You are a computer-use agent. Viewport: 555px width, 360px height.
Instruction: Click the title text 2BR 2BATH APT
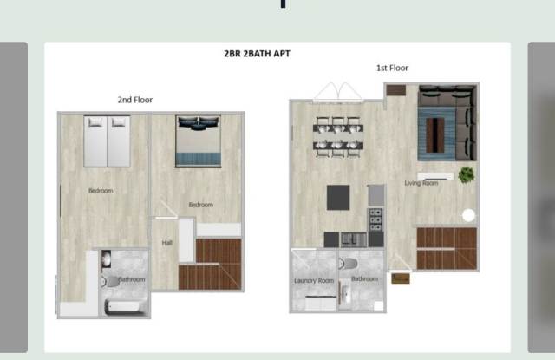coord(258,54)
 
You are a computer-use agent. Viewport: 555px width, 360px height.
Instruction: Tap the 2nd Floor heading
coord(135,100)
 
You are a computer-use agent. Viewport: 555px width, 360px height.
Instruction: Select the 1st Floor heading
coord(392,68)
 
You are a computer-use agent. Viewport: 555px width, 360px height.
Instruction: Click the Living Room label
coord(421,183)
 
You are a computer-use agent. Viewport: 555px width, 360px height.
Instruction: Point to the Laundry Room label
coord(313,281)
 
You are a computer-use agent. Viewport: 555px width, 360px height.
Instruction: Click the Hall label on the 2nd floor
coord(166,243)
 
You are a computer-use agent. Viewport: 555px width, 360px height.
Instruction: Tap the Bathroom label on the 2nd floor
coord(132,279)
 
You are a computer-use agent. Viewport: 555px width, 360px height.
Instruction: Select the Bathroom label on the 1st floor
coord(364,279)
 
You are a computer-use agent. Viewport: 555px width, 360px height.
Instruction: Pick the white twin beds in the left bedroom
coord(107,141)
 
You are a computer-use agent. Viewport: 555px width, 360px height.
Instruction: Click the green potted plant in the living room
coord(467,174)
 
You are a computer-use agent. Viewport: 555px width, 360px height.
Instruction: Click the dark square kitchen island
coord(338,198)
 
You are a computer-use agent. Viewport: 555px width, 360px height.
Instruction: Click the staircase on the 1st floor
coord(447,248)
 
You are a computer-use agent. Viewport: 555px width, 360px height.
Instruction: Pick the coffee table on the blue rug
coord(439,134)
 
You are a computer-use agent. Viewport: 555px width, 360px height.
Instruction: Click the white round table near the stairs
coord(469,215)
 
